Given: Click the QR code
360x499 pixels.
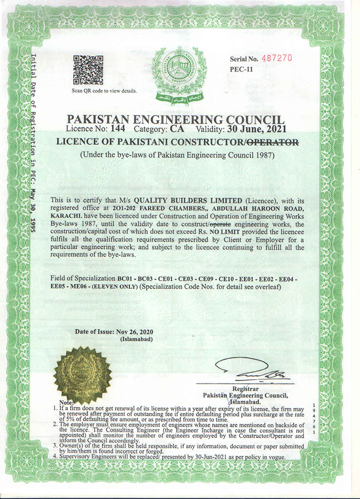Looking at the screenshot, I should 88,70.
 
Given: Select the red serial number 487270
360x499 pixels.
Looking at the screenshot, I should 276,58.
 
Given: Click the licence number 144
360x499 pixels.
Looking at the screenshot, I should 117,129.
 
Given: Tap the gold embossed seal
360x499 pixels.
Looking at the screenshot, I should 82,374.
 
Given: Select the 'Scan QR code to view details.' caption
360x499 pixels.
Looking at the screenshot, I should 104,91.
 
